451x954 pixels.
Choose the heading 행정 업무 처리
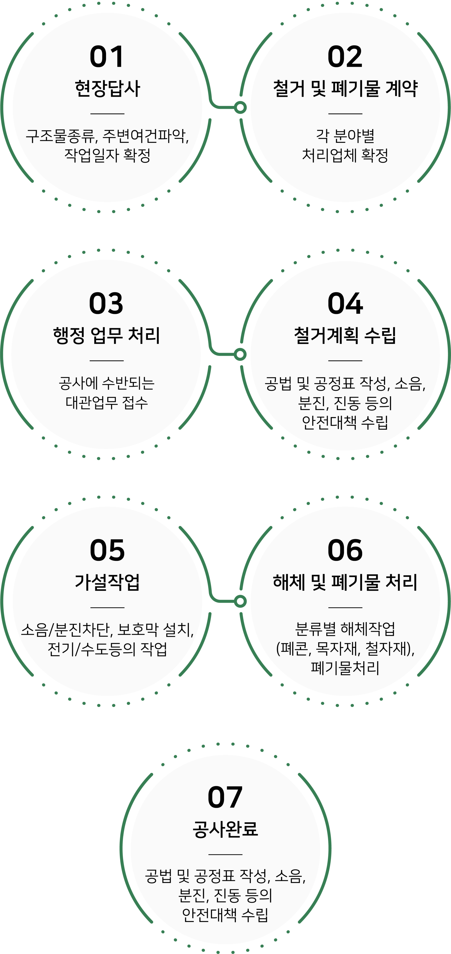106,335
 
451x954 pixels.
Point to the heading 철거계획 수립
345,335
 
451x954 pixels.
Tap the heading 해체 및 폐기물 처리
345,582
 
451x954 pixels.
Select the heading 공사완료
225,829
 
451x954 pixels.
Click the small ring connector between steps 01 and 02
240,108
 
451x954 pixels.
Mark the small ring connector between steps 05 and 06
240,601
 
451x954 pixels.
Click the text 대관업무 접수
107,402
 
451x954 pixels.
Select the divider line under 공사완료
225,854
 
